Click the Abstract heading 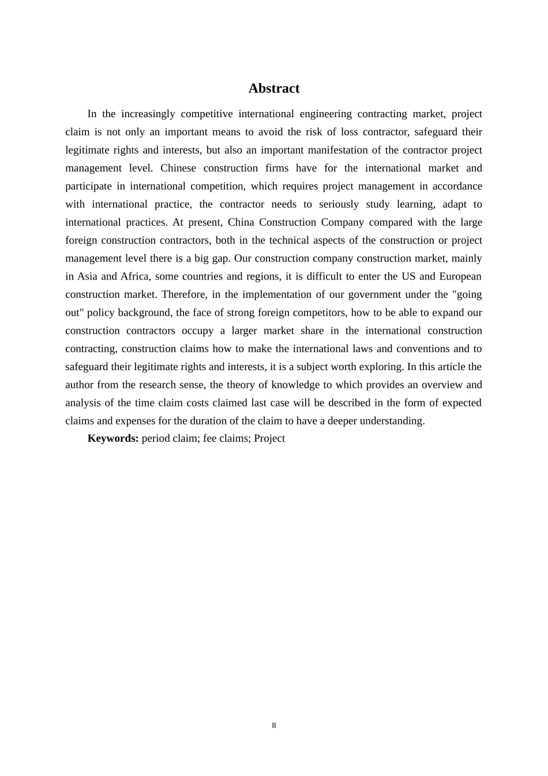click(274, 88)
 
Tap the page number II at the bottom click(274, 726)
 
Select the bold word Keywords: click(113, 438)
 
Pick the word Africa click(134, 277)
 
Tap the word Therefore click(184, 294)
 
